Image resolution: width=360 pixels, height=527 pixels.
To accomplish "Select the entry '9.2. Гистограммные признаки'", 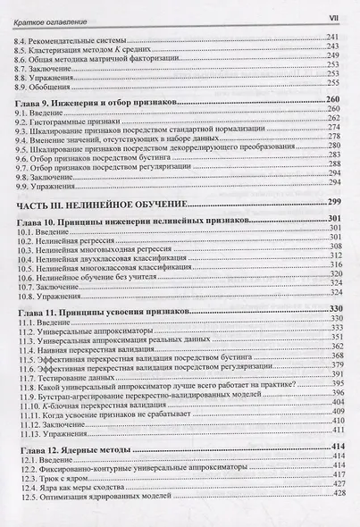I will click(68, 118).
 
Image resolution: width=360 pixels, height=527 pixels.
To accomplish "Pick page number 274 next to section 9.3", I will click(337, 127).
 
